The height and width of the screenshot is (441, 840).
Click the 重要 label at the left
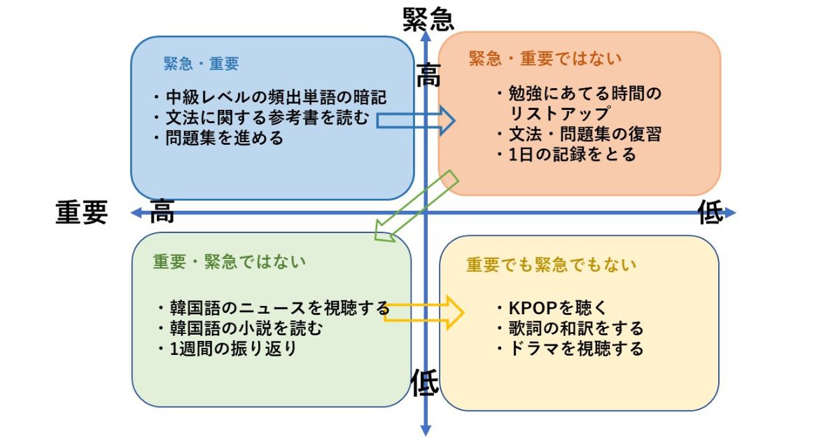tap(82, 212)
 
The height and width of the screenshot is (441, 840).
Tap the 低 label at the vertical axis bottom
tap(424, 382)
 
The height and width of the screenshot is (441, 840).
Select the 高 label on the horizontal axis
tap(162, 211)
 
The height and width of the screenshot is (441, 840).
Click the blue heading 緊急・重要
tap(201, 64)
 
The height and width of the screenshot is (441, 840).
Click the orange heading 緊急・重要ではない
tap(545, 58)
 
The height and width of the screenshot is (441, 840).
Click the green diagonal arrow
tap(416, 206)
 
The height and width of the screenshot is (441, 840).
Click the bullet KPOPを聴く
tap(551, 307)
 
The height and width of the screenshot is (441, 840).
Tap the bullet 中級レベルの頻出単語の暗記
tap(269, 97)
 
